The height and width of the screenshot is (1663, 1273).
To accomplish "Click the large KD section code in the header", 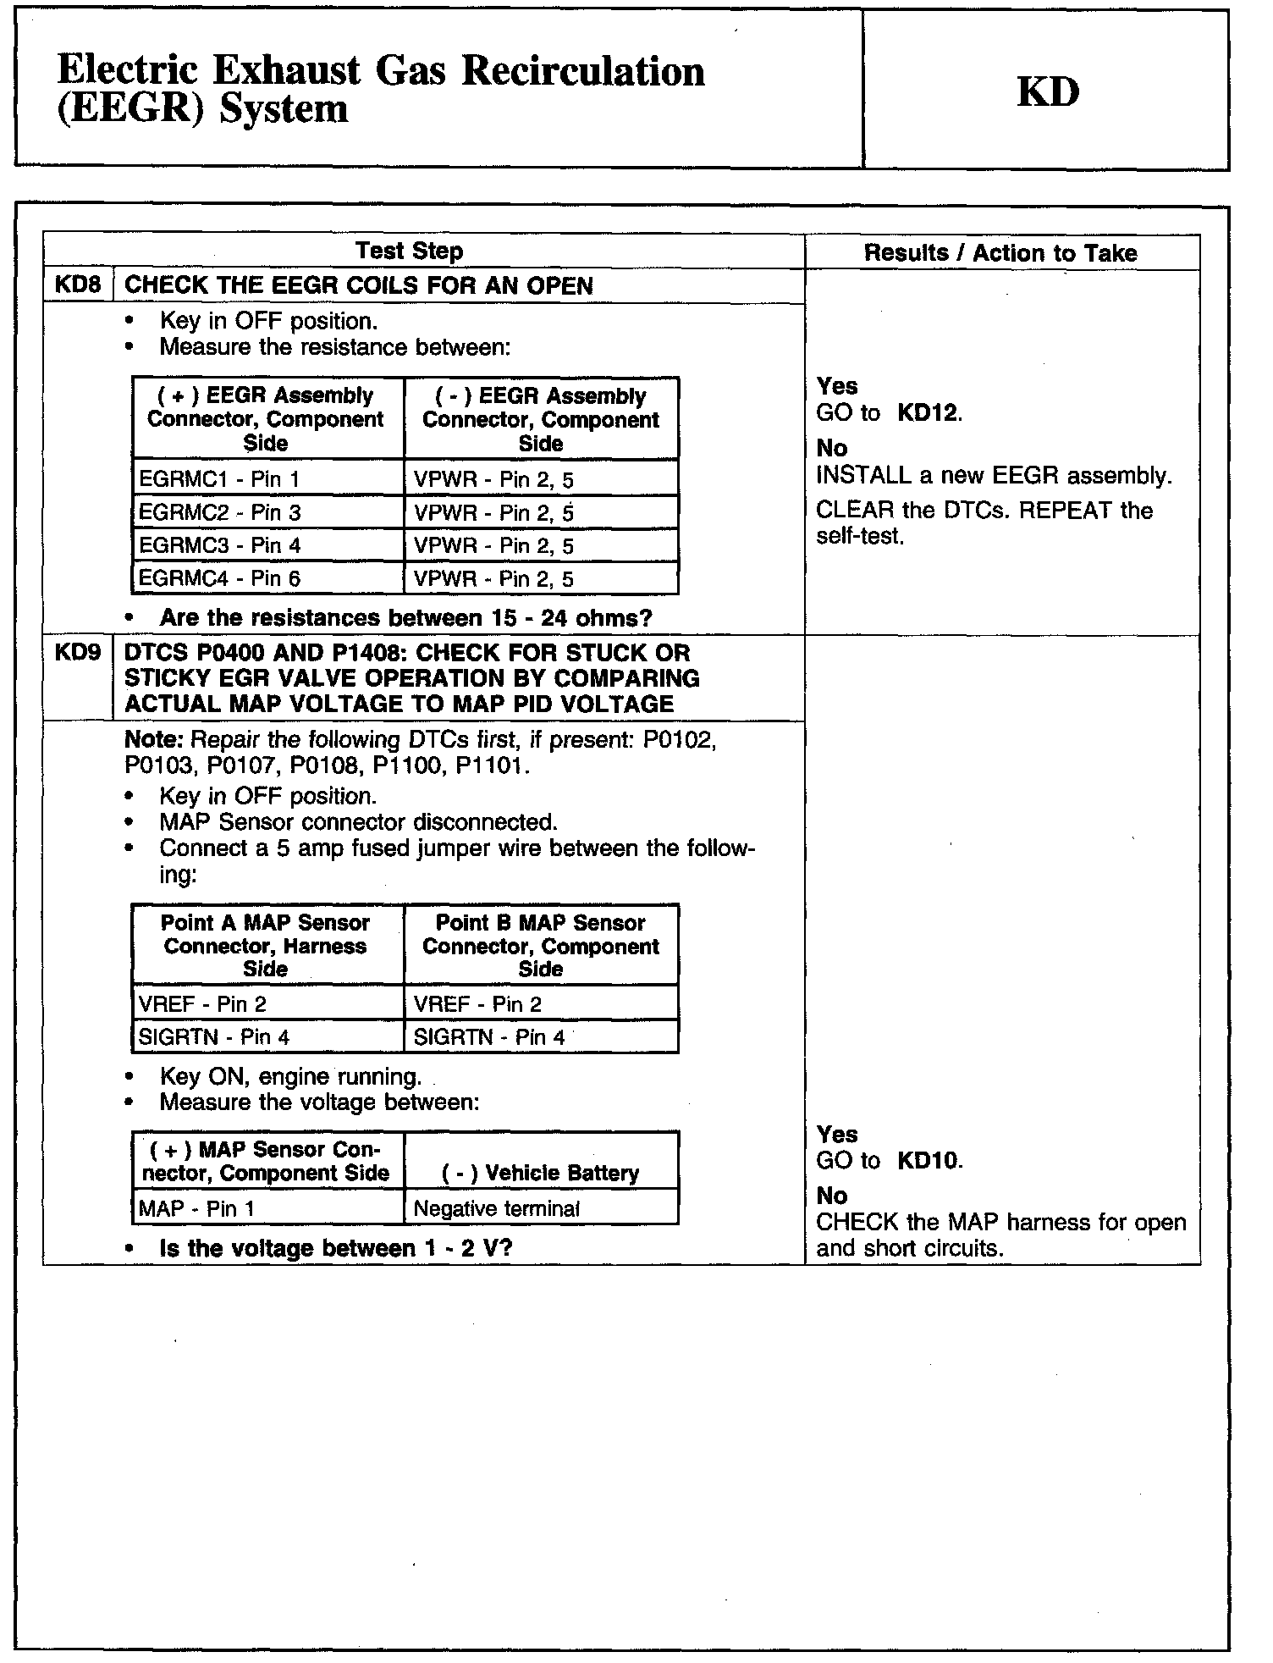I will [1048, 91].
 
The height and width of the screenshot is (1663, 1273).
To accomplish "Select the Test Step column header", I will [409, 251].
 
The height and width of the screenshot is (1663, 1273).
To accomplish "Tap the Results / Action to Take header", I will [1000, 252].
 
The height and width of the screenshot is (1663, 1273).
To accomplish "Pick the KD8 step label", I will [77, 285].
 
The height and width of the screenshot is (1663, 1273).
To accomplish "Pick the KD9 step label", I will [77, 653].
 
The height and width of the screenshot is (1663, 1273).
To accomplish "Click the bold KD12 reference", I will [929, 413].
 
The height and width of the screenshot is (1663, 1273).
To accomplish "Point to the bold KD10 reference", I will [929, 1160].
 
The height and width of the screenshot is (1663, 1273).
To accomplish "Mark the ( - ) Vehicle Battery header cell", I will [540, 1173].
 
